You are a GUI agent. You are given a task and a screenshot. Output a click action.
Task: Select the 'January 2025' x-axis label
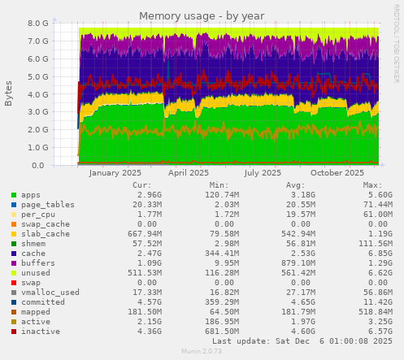tap(115, 173)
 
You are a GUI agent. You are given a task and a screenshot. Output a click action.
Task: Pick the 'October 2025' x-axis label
tap(337, 173)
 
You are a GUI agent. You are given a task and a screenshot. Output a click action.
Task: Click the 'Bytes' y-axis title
tap(9, 93)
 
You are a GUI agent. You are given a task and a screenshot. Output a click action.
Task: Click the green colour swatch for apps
tap(13, 196)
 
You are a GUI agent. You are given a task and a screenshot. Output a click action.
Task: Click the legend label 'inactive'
tap(41, 332)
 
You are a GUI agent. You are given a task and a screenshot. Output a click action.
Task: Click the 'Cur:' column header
tap(142, 185)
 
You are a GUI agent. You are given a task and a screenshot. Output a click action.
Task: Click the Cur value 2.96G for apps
tap(142, 195)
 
